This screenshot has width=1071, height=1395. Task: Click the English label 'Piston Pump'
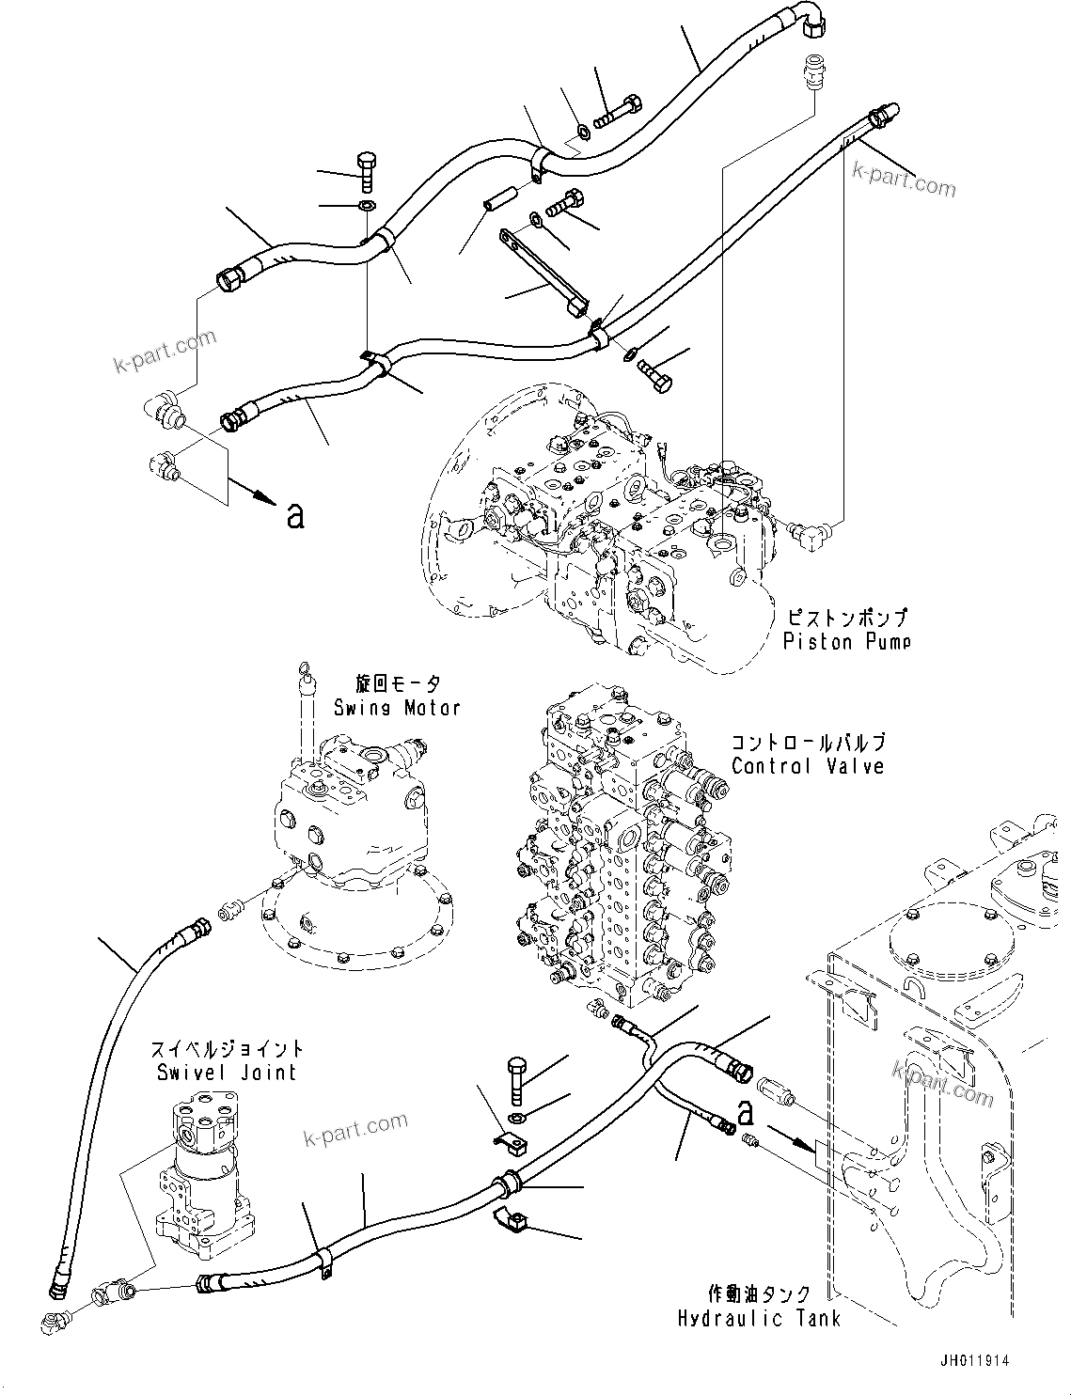[x=846, y=642]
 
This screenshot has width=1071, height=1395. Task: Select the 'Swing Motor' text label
[x=397, y=707]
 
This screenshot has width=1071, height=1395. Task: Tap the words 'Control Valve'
[x=808, y=766]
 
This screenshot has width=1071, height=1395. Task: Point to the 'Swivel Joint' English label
[x=228, y=1072]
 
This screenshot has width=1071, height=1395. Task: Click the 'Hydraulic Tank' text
[x=759, y=1318]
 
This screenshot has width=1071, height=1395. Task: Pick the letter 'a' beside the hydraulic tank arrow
[x=747, y=1113]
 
